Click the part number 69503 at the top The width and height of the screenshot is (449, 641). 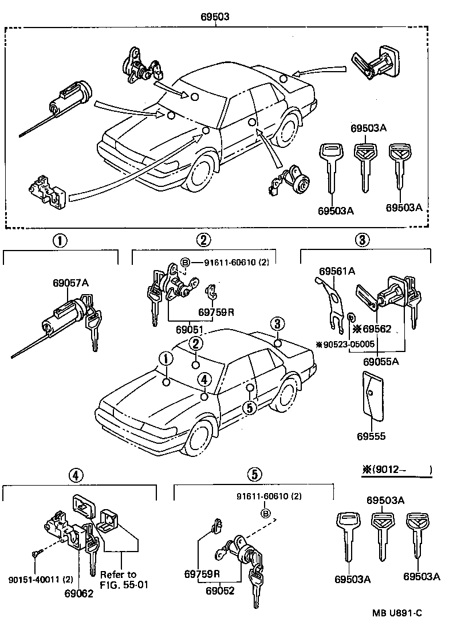(x=215, y=17)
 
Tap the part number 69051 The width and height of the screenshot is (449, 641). (x=191, y=330)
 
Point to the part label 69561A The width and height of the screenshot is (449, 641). (x=337, y=270)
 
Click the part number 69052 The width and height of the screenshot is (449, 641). (x=220, y=590)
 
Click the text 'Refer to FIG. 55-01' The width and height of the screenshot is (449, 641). (x=119, y=579)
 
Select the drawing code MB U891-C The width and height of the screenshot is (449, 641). (x=397, y=629)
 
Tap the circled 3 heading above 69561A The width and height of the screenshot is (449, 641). (x=361, y=241)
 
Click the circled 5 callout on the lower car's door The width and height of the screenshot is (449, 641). (x=248, y=407)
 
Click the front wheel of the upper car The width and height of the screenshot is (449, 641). (x=199, y=170)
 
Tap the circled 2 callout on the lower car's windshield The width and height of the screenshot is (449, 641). (x=196, y=344)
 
